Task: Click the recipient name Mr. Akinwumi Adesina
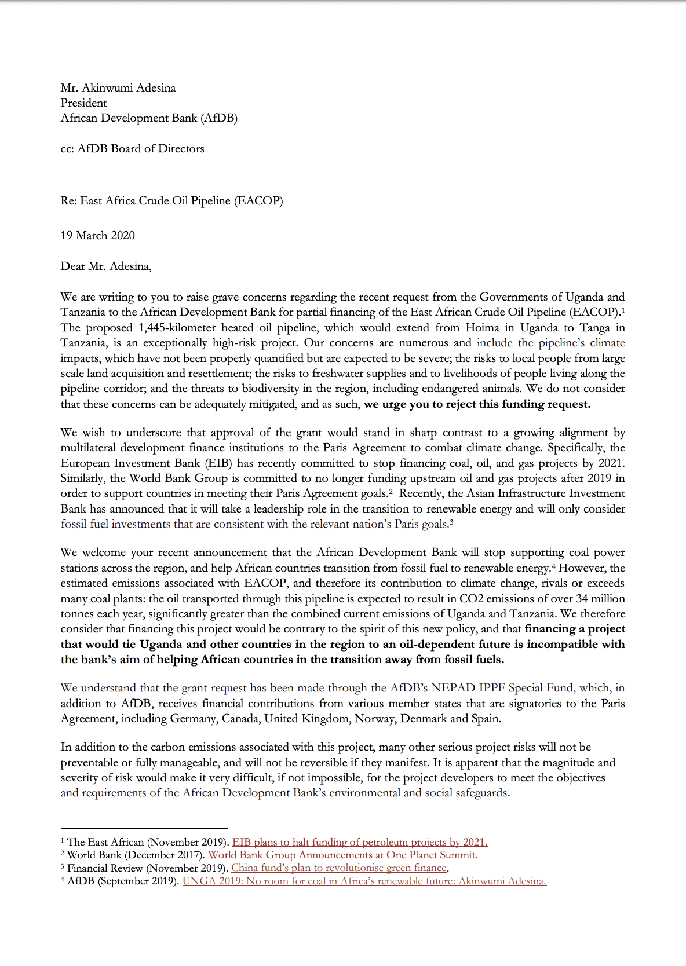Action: pos(118,88)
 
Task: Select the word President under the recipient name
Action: pos(84,103)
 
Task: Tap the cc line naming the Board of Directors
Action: pos(132,149)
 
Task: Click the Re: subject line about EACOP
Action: pos(171,201)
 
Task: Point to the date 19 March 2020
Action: pos(97,236)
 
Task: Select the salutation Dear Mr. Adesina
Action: pos(106,266)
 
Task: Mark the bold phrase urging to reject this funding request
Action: pos(477,404)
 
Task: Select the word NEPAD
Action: pos(454,688)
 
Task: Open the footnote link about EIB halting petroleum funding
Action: pos(360,842)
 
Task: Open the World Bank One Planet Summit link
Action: pos(343,855)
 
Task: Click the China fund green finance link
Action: pos(340,868)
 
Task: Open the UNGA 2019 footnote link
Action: pos(364,881)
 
